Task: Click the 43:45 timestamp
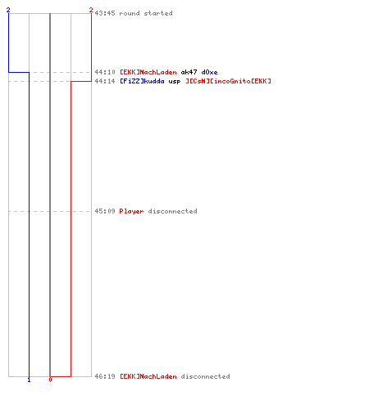[x=105, y=13]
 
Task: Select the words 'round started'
[x=146, y=13]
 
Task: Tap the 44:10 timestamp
[x=105, y=72]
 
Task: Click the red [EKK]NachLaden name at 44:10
[x=148, y=72]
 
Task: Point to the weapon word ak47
[x=189, y=72]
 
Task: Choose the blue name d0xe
[x=209, y=72]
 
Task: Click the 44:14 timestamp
[x=105, y=81]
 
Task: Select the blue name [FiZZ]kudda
[x=142, y=81]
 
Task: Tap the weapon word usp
[x=175, y=82]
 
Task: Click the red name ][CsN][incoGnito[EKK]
[x=228, y=81]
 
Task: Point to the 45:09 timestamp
[x=105, y=211]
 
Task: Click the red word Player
[x=131, y=212]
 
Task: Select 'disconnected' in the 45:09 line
[x=172, y=211]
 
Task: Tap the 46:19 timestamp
[x=105, y=376]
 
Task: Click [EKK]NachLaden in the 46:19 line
[x=148, y=376]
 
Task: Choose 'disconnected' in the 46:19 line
[x=205, y=376]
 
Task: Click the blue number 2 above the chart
[x=8, y=10]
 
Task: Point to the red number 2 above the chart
[x=91, y=10]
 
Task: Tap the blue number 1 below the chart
[x=29, y=380]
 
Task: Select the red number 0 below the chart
[x=50, y=380]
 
